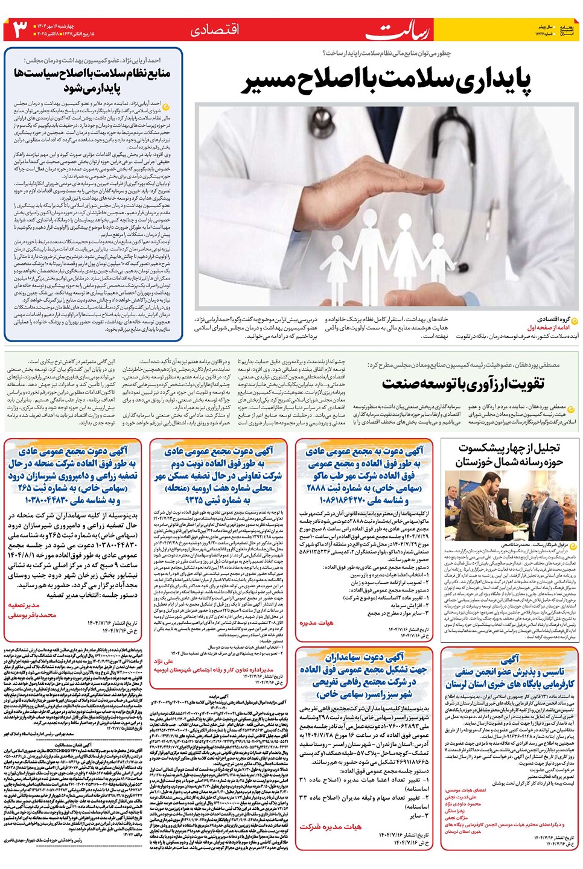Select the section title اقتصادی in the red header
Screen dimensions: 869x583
[x=215, y=30]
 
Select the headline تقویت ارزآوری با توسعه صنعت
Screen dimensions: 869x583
[x=463, y=383]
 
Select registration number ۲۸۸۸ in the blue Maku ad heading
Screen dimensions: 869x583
[x=316, y=488]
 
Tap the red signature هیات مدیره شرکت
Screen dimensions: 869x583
[x=330, y=826]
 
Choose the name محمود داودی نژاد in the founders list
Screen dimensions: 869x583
[x=463, y=804]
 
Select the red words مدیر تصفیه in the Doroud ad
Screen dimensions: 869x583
[x=24, y=605]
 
